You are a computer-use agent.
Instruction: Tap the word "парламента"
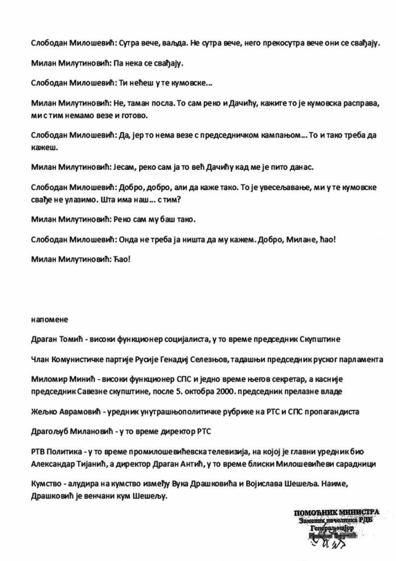(359, 359)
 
